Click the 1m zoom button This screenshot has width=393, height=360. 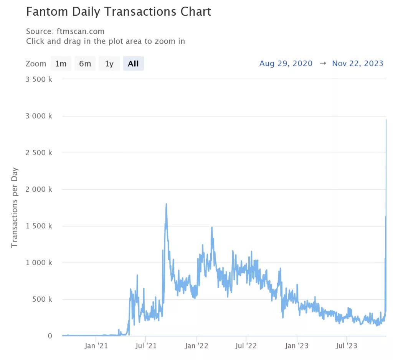61,64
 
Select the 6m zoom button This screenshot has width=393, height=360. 85,64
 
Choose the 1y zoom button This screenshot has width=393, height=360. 109,64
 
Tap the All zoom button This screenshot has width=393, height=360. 133,64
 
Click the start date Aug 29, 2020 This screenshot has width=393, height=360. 286,64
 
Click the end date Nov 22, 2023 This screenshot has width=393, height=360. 358,64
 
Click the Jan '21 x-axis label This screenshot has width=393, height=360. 96,346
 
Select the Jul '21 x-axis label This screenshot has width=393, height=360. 146,346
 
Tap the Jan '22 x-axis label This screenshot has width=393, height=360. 196,346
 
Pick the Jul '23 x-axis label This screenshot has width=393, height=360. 347,346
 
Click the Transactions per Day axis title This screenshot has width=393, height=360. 15,207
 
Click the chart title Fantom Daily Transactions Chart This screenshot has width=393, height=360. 119,12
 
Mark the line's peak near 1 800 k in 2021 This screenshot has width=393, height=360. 166,204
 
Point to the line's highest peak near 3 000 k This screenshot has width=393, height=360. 386,120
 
